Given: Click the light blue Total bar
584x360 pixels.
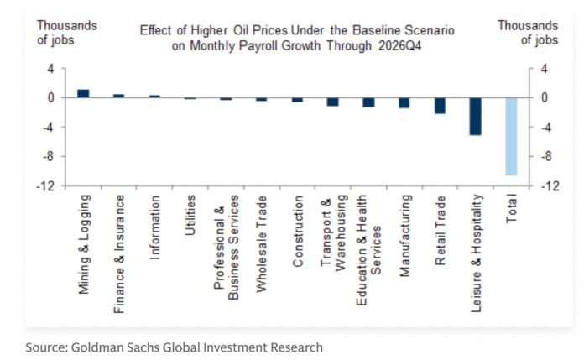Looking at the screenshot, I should [511, 136].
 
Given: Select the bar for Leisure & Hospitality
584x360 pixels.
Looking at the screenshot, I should [475, 116].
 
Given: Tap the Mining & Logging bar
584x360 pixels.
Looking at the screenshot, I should [83, 93].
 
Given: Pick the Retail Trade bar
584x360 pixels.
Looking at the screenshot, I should [440, 105].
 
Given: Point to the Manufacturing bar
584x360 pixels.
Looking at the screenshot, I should [404, 102].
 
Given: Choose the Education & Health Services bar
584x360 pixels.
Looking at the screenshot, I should [368, 102].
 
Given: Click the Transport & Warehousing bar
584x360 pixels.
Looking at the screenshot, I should [332, 101].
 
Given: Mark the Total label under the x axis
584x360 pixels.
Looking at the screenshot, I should [512, 209].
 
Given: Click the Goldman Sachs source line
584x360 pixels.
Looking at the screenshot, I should [174, 347].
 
